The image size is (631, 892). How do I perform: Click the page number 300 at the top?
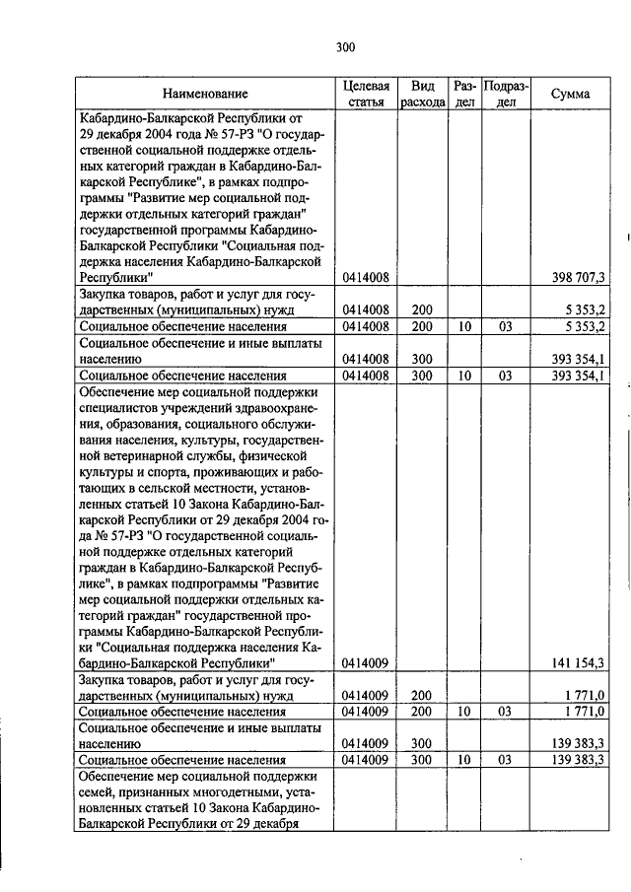pyautogui.click(x=344, y=46)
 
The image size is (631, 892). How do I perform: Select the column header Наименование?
pyautogui.click(x=205, y=94)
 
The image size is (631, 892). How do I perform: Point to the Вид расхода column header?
pyautogui.click(x=422, y=94)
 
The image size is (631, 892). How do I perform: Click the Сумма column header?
pyautogui.click(x=571, y=94)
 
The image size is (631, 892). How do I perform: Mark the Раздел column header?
pyautogui.click(x=464, y=94)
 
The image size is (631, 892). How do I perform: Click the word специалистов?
pyautogui.click(x=120, y=407)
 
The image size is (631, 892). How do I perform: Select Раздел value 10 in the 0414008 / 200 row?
pyautogui.click(x=463, y=326)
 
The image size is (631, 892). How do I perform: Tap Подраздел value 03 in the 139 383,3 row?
pyautogui.click(x=506, y=761)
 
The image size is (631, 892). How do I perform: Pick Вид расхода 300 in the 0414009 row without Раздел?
pyautogui.click(x=422, y=745)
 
